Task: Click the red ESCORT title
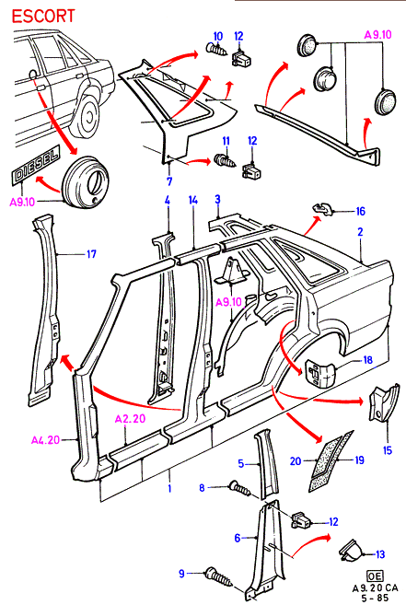(x=43, y=17)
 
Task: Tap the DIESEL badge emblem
(x=36, y=164)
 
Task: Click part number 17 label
(x=91, y=254)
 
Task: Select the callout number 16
(x=360, y=212)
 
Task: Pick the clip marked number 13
(x=350, y=550)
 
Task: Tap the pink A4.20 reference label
(x=45, y=439)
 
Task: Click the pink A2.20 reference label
(x=130, y=418)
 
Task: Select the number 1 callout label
(x=169, y=488)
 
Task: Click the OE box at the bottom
(x=374, y=576)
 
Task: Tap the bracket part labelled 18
(x=319, y=371)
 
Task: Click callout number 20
(x=296, y=461)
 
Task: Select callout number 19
(x=359, y=460)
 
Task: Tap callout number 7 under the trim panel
(x=169, y=180)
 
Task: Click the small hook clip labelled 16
(x=322, y=208)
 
